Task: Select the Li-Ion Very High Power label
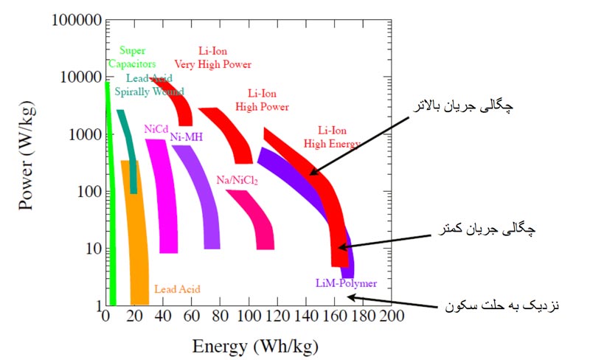pyautogui.click(x=213, y=58)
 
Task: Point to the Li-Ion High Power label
pyautogui.click(x=262, y=100)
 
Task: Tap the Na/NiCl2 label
pyautogui.click(x=237, y=180)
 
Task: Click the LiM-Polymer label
pyautogui.click(x=345, y=284)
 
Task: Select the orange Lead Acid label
pyautogui.click(x=177, y=289)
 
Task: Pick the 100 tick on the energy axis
pyautogui.click(x=248, y=316)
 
